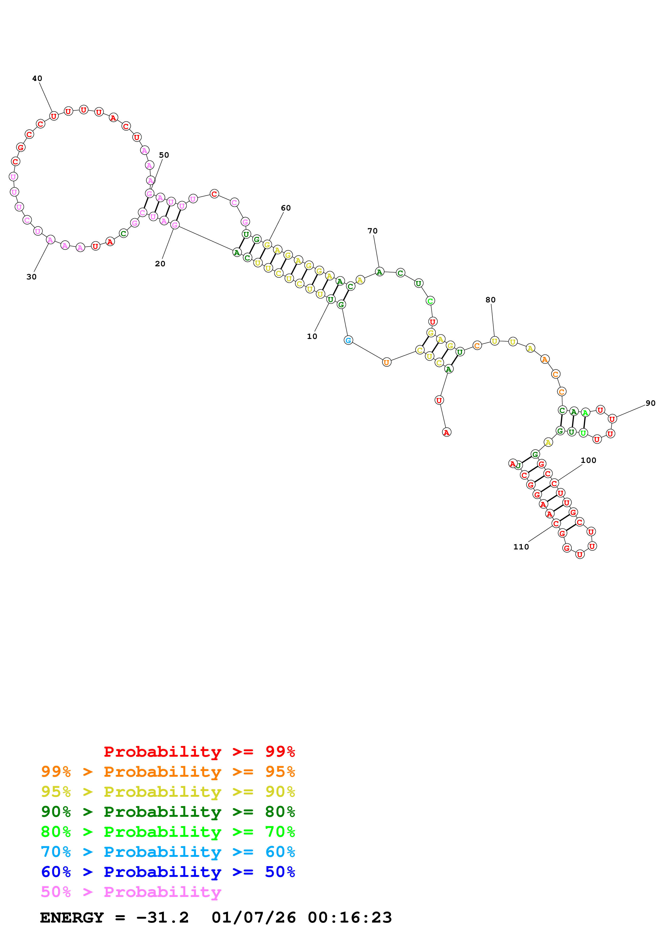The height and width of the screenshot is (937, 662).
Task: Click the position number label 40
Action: click(37, 78)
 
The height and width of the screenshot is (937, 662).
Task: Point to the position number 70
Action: click(373, 231)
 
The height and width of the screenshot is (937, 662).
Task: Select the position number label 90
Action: click(650, 403)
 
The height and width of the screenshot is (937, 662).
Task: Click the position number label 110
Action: click(521, 547)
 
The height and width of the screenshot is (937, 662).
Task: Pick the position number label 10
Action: click(312, 336)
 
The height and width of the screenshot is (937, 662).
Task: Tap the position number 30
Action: click(32, 277)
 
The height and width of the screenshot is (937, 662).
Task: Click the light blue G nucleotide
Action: click(348, 340)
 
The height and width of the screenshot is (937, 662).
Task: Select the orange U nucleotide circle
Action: click(386, 362)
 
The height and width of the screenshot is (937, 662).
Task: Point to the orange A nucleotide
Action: click(545, 359)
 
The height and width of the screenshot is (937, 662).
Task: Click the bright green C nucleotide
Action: click(430, 301)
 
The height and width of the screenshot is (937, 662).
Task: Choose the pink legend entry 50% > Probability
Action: click(131, 892)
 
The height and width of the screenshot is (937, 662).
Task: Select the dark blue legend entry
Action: click(168, 872)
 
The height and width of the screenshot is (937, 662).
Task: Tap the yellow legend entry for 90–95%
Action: click(168, 791)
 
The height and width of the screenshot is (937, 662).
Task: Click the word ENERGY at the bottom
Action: click(72, 918)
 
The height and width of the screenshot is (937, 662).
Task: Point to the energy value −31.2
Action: click(162, 918)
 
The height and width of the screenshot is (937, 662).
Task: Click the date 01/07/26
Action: click(253, 918)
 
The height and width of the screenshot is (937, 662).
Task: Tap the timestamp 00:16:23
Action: click(350, 918)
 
